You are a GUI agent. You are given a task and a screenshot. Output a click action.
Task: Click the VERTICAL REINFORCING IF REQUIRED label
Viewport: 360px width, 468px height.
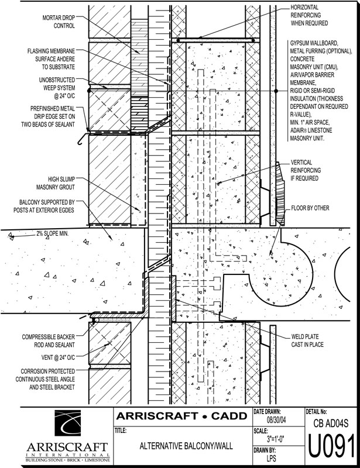[310, 170]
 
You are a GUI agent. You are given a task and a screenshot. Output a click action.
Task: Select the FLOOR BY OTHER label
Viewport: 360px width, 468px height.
[310, 208]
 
